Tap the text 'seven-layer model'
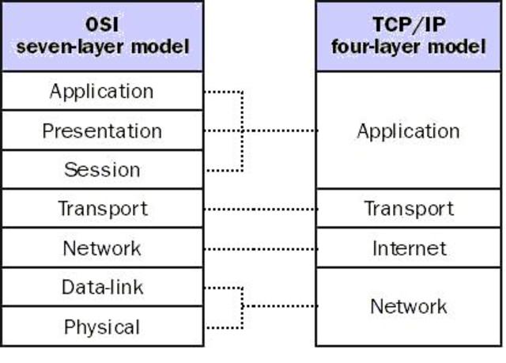pos(102,47)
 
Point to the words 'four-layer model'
pos(408,47)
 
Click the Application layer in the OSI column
pos(102,91)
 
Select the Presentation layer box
pos(102,130)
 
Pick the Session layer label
pos(102,169)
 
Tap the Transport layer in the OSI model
pos(102,209)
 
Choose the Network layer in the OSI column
pos(102,248)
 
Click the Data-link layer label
pos(102,287)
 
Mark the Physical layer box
pos(102,327)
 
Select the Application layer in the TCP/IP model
pos(408,130)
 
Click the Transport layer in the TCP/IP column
pos(408,209)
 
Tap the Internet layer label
pos(408,248)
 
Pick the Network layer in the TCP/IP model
pos(408,307)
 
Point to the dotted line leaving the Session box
pos(223,170)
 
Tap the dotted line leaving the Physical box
pos(223,327)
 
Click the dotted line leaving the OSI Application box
pos(223,92)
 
